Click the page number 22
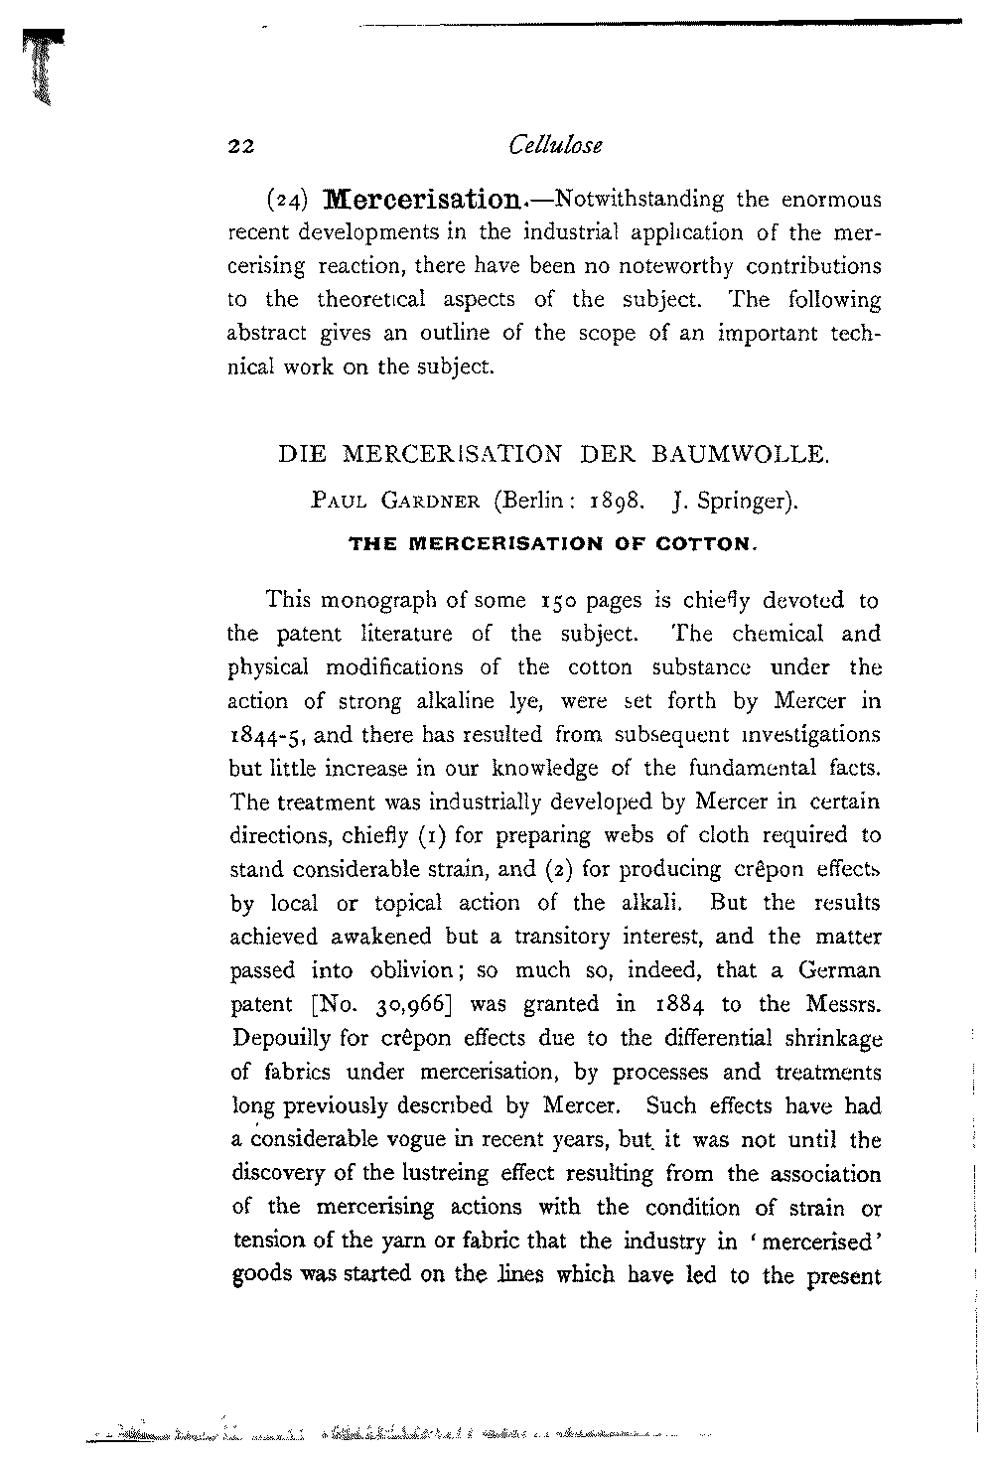(x=242, y=147)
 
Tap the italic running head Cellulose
(x=554, y=145)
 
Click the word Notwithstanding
(x=639, y=199)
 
